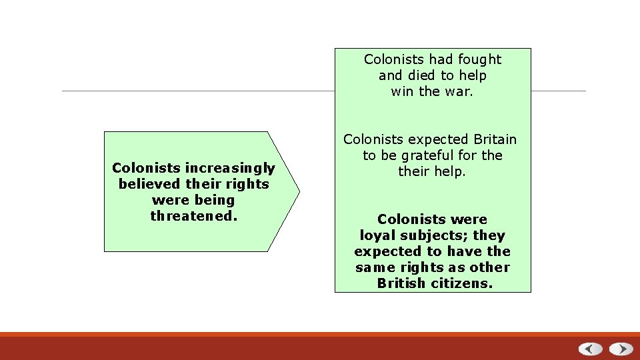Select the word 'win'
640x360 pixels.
click(x=403, y=91)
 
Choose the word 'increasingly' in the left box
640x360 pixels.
click(x=230, y=168)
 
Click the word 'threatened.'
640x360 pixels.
click(x=193, y=216)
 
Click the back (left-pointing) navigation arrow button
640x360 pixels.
click(x=590, y=349)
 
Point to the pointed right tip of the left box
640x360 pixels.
click(x=299, y=191)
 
